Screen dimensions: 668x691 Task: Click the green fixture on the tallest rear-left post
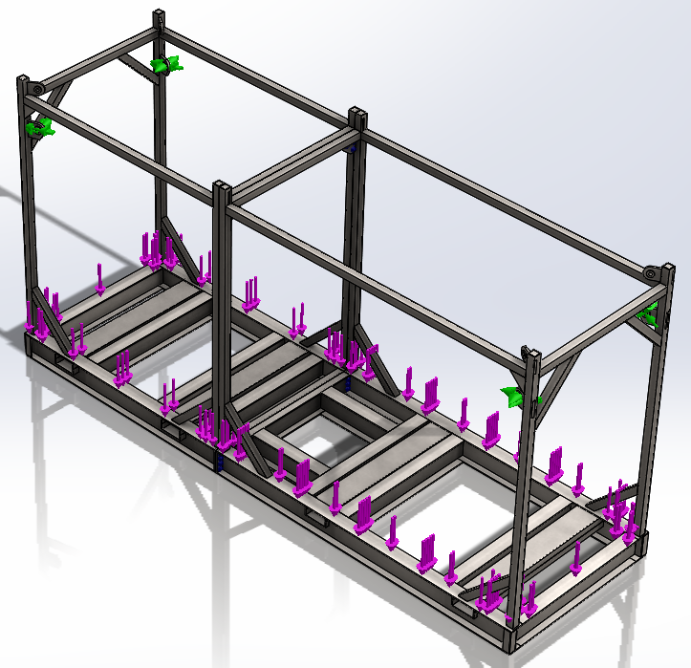[164, 65]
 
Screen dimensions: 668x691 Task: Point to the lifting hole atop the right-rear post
[651, 274]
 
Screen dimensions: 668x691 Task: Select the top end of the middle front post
[222, 185]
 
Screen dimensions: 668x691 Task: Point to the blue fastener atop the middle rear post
[355, 149]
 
